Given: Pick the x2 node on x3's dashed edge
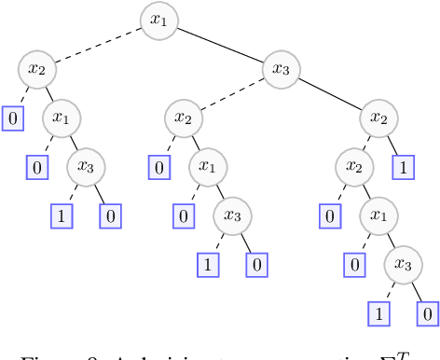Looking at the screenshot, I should pyautogui.click(x=183, y=118).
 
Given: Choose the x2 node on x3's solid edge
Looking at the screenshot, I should pyautogui.click(x=378, y=118).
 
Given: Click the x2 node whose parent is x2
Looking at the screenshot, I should pyautogui.click(x=353, y=167).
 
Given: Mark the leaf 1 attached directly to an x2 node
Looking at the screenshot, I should pyautogui.click(x=403, y=168).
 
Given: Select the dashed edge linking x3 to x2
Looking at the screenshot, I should pyautogui.click(x=232, y=94).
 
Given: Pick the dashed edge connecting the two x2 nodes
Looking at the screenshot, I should pyautogui.click(x=365, y=143).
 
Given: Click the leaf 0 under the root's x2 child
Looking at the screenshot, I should pyautogui.click(x=13, y=119).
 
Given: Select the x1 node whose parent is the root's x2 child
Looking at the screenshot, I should pyautogui.click(x=62, y=118).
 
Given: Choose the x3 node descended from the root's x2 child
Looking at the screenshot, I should pyautogui.click(x=86, y=167).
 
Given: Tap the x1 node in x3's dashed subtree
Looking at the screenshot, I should pyautogui.click(x=208, y=167).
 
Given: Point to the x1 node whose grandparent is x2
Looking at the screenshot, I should pyautogui.click(x=378, y=216).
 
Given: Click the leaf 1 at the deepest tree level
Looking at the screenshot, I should pyautogui.click(x=378, y=314).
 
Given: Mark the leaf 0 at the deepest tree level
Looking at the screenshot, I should pyautogui.click(x=427, y=314).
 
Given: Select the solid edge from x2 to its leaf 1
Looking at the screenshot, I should pyautogui.click(x=391, y=144).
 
